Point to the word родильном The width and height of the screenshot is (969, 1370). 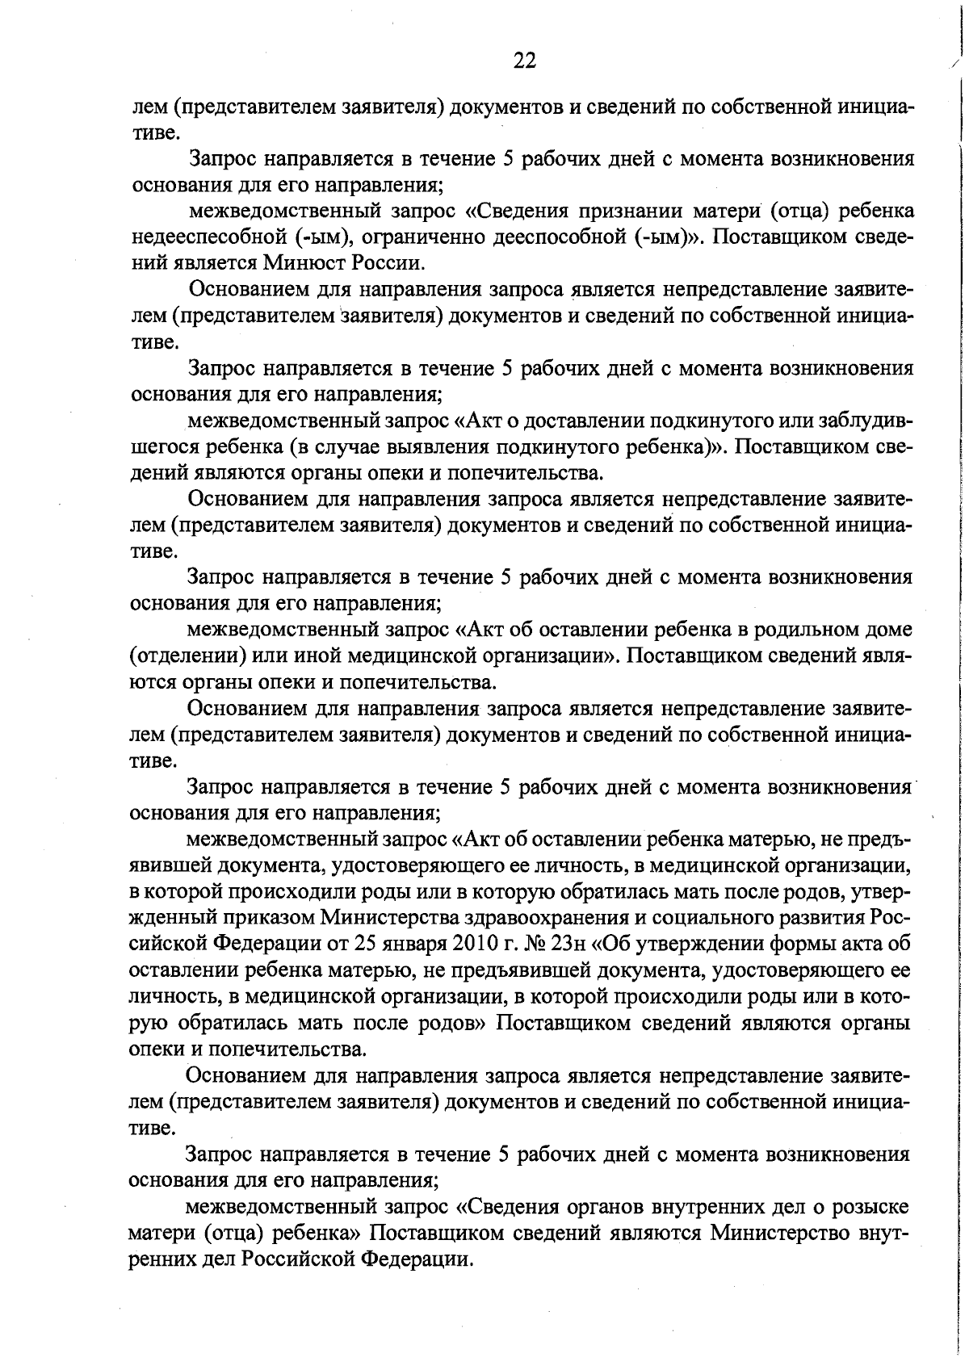click(x=815, y=629)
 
